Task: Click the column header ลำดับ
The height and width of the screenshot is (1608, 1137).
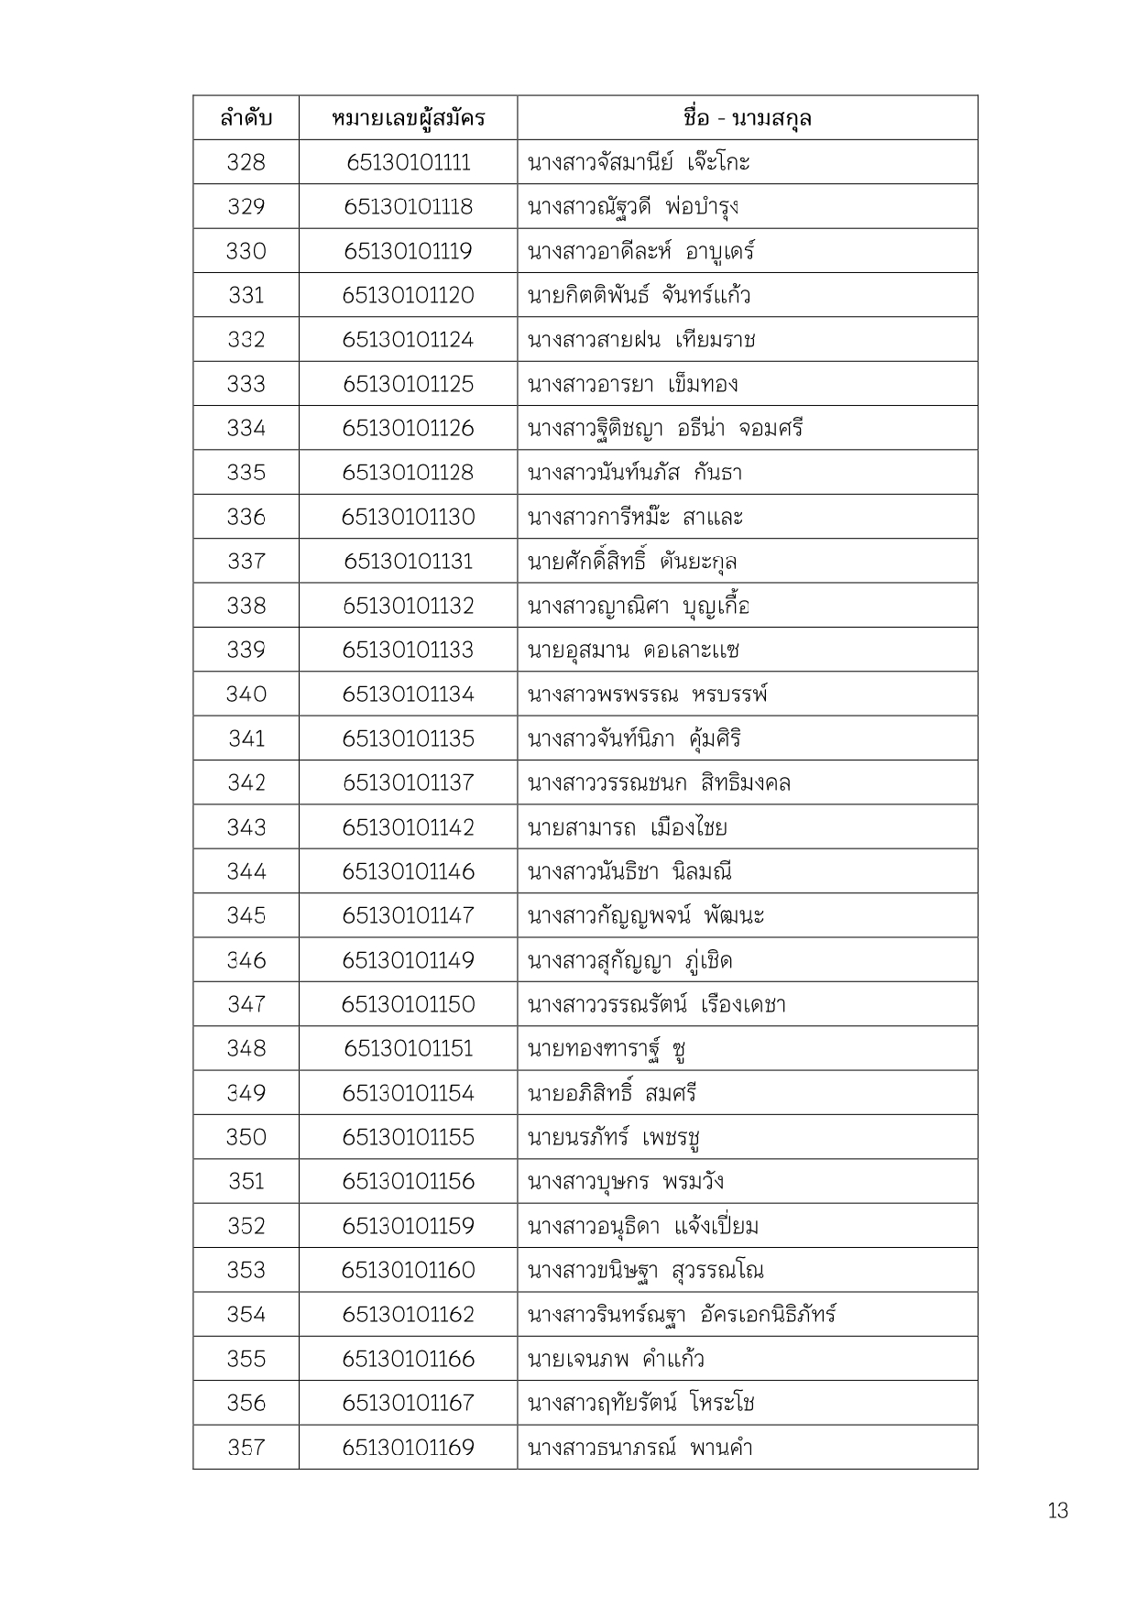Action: pyautogui.click(x=246, y=118)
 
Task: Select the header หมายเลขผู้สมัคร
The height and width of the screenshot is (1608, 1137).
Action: pyautogui.click(x=408, y=118)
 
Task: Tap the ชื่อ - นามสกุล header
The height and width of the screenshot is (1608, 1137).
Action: pyautogui.click(x=747, y=118)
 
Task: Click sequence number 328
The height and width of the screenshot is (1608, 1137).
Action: pyautogui.click(x=246, y=162)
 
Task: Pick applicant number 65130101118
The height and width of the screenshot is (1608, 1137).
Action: pyautogui.click(x=408, y=207)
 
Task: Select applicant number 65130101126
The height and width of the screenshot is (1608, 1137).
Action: pyautogui.click(x=408, y=428)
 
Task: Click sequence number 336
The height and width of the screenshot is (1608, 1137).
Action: pyautogui.click(x=246, y=517)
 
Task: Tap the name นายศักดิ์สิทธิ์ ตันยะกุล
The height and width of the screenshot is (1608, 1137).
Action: pyautogui.click(x=633, y=561)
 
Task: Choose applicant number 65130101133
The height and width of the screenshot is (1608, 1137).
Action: pyautogui.click(x=408, y=650)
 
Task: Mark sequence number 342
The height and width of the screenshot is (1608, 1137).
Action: pyautogui.click(x=246, y=782)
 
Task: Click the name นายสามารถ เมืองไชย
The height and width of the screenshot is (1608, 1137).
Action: pyautogui.click(x=628, y=827)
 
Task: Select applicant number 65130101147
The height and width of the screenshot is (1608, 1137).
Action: pyautogui.click(x=408, y=915)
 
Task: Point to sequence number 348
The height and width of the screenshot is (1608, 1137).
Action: pyautogui.click(x=246, y=1048)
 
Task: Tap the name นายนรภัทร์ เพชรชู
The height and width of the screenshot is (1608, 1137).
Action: pyautogui.click(x=615, y=1137)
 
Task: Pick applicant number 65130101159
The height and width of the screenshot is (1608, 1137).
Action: pyautogui.click(x=408, y=1226)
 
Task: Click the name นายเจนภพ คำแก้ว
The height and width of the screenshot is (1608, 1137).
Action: pyautogui.click(x=617, y=1359)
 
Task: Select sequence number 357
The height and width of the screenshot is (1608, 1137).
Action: pyautogui.click(x=246, y=1448)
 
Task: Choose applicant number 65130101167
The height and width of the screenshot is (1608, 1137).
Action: pyautogui.click(x=408, y=1403)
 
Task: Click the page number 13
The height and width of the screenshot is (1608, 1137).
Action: pyautogui.click(x=1057, y=1511)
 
